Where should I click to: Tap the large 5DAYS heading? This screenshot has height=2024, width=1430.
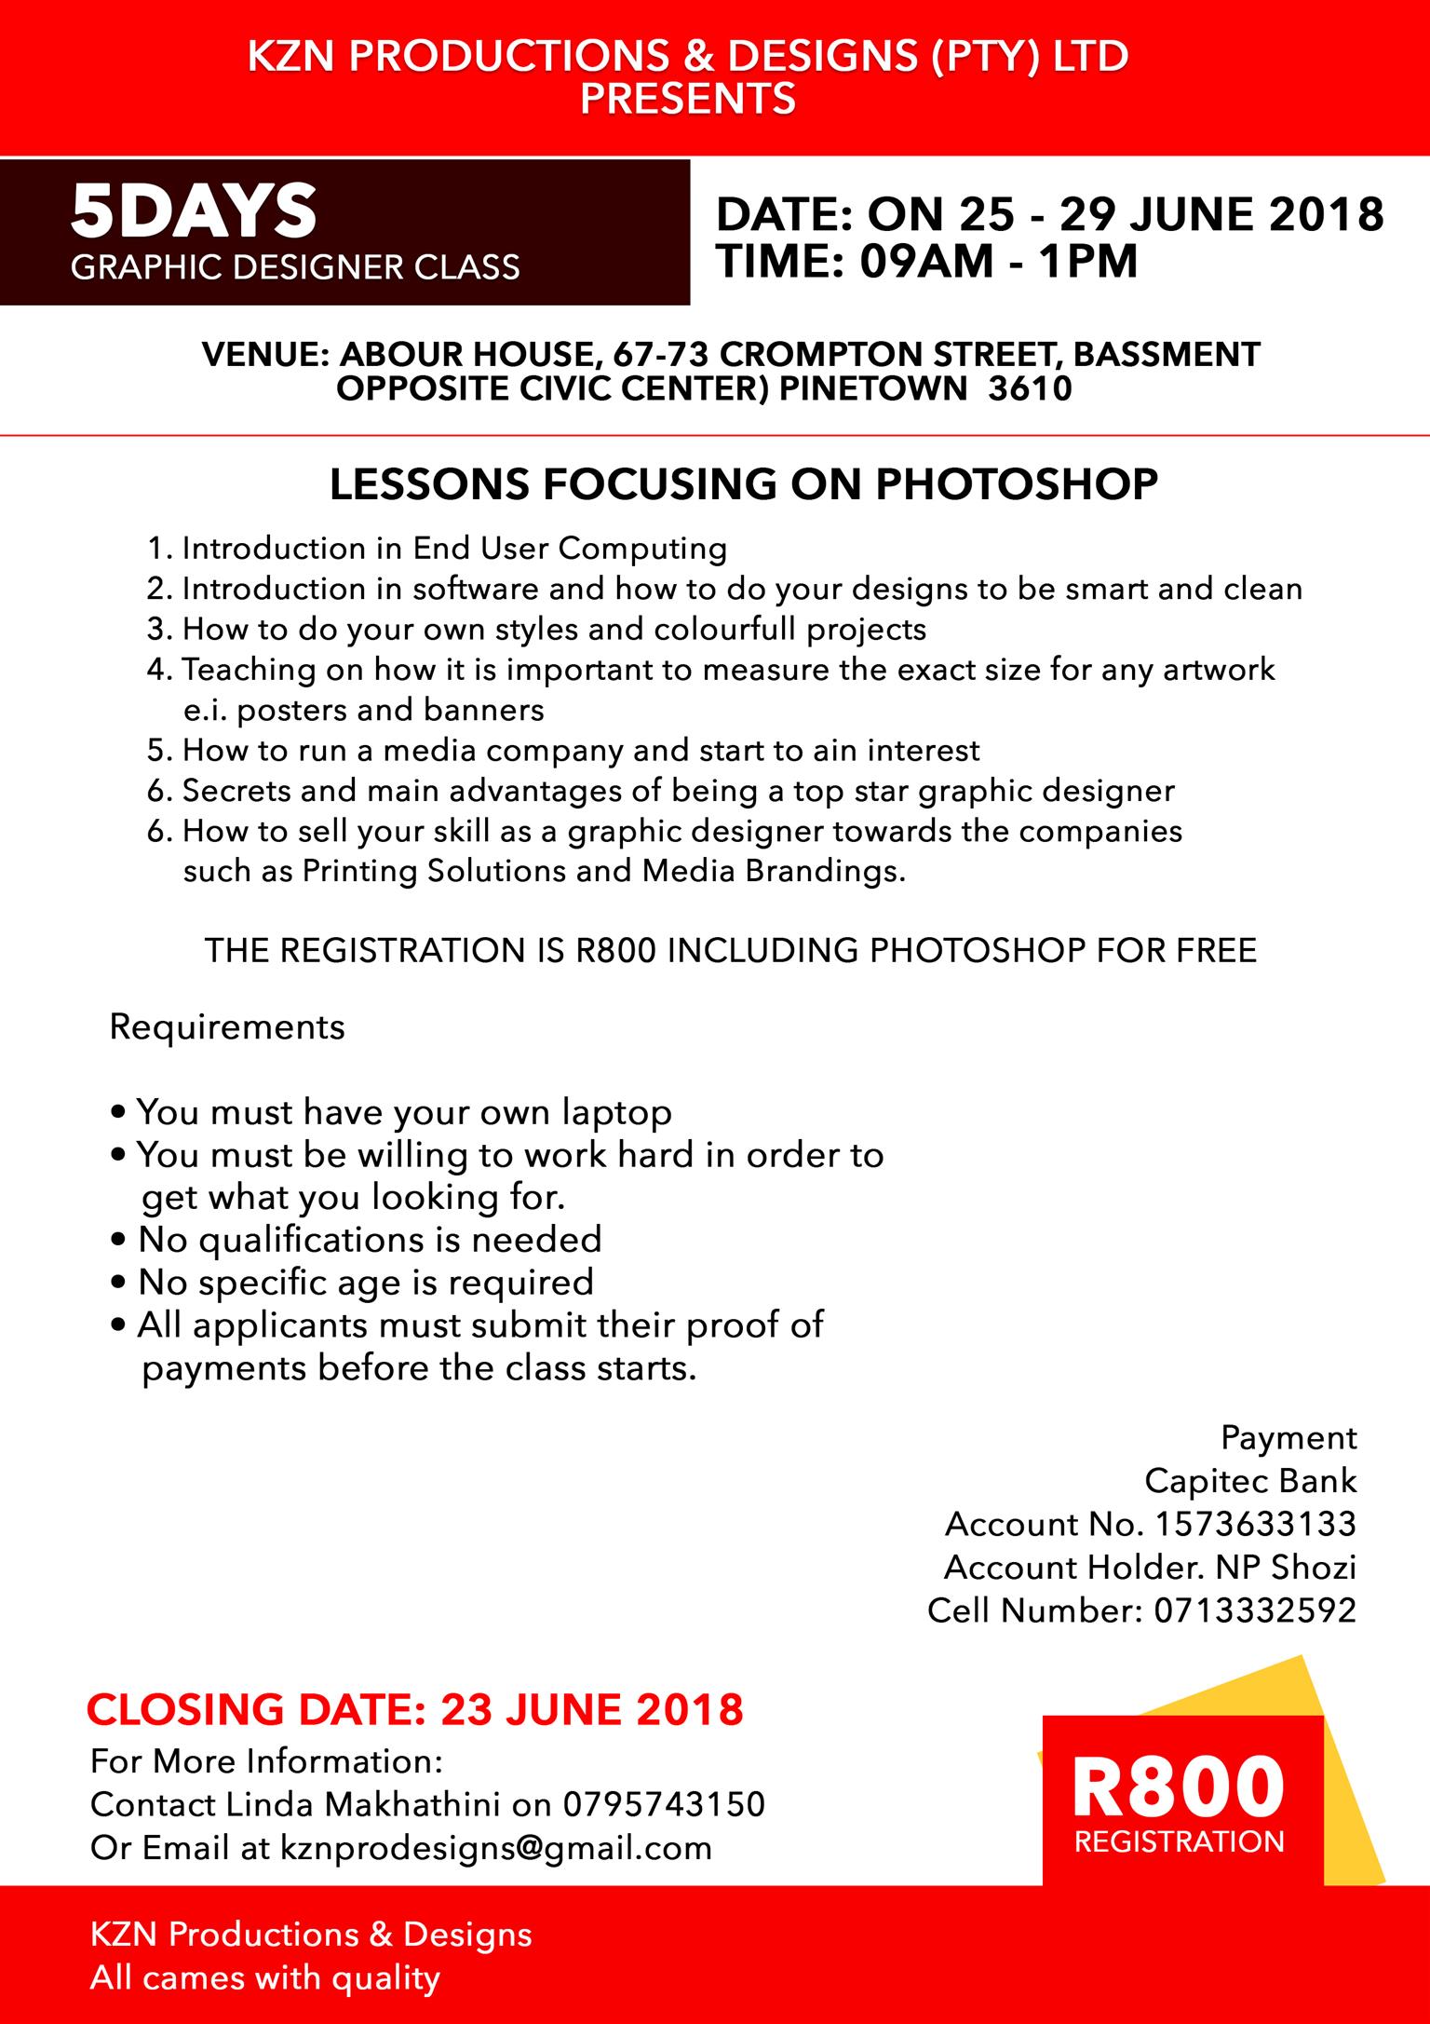pyautogui.click(x=194, y=211)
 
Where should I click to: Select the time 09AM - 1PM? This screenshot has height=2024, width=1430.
pyautogui.click(x=998, y=262)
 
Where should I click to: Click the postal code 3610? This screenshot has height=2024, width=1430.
pyautogui.click(x=1031, y=388)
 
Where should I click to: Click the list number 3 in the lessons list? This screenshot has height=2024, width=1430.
pyautogui.click(x=155, y=630)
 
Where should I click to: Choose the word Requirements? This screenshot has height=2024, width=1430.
pyautogui.click(x=227, y=1026)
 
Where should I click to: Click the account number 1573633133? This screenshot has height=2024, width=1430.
pyautogui.click(x=1255, y=1524)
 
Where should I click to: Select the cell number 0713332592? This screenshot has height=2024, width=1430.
pyautogui.click(x=1255, y=1610)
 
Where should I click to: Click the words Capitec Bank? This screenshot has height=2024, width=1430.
pyautogui.click(x=1250, y=1481)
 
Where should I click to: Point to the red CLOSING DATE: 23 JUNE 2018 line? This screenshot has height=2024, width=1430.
pyautogui.click(x=415, y=1709)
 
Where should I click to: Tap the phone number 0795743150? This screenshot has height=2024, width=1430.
pyautogui.click(x=664, y=1804)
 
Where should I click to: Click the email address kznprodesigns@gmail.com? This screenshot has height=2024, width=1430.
pyautogui.click(x=495, y=1847)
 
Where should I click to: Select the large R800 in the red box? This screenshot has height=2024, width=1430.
pyautogui.click(x=1179, y=1786)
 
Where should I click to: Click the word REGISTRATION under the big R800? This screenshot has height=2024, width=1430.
pyautogui.click(x=1180, y=1841)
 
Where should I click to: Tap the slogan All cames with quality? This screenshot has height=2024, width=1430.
pyautogui.click(x=264, y=1978)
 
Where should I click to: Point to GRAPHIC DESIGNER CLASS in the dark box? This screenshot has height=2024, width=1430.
pyautogui.click(x=295, y=267)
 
